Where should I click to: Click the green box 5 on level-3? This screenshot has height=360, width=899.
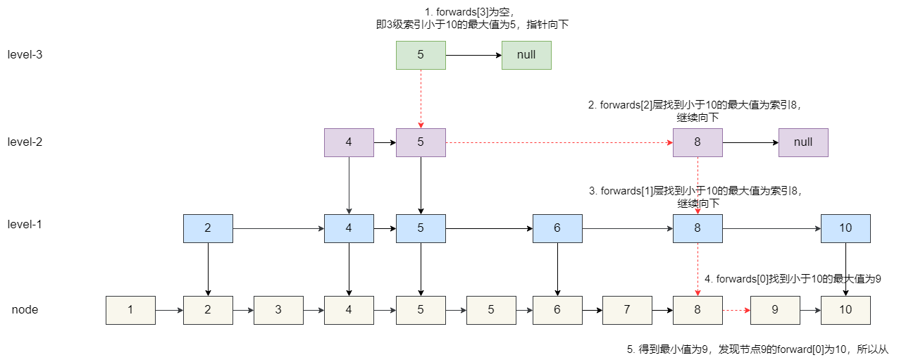pos(421,55)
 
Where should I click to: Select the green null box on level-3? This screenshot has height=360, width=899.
pos(526,55)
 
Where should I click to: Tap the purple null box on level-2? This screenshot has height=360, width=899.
pos(803,142)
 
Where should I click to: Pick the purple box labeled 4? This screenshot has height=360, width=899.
pos(349,142)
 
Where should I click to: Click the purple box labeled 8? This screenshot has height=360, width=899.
pos(697,142)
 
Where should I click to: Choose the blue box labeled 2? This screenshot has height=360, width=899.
pos(208,228)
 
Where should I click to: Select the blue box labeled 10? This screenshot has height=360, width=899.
pos(845,228)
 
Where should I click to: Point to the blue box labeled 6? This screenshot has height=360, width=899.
pos(557,228)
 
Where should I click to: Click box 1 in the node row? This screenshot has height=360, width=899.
pos(130,310)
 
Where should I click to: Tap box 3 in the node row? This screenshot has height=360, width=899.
pos(278,310)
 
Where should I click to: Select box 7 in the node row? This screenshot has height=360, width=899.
pos(627,310)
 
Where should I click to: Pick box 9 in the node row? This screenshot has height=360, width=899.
pos(775,310)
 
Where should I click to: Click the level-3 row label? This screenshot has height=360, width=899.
pos(25,54)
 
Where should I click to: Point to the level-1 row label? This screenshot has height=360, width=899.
pos(25,225)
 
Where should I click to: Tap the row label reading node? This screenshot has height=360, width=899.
pos(25,309)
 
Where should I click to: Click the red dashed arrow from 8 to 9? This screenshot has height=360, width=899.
pos(736,310)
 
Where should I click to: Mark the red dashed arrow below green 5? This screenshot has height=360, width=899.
pos(421,99)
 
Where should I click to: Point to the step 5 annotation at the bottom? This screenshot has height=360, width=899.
pos(757,349)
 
